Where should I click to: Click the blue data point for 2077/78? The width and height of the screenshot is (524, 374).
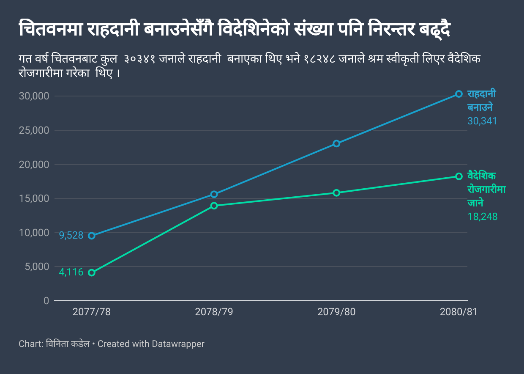[92, 236]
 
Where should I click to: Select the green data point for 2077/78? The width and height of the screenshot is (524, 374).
[92, 273]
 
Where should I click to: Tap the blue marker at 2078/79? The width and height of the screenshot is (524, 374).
[214, 194]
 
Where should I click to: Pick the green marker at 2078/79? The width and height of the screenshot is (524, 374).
[214, 206]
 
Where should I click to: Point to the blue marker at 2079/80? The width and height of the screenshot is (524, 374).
[336, 143]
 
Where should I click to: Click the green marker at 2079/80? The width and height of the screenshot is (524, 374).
[336, 193]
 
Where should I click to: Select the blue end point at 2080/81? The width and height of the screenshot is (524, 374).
[459, 94]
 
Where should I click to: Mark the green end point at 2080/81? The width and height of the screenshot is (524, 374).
[459, 176]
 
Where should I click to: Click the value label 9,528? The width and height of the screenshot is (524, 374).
[71, 236]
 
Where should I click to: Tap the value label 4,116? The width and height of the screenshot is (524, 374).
[71, 272]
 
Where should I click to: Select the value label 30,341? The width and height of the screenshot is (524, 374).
[482, 121]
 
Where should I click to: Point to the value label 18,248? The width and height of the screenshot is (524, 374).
[482, 217]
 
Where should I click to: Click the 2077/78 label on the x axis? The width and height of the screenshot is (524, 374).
[92, 312]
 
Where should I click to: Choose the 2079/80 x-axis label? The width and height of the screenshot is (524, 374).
[336, 312]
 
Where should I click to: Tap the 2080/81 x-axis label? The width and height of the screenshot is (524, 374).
[458, 312]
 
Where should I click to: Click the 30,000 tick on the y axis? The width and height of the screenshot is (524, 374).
[34, 96]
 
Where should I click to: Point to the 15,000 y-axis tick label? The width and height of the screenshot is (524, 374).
[34, 198]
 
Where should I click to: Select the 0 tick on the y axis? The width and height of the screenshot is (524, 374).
[46, 301]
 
